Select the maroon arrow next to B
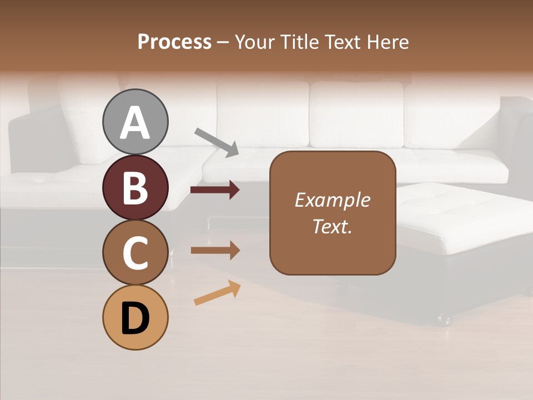tap(215, 190)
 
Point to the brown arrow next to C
tap(215, 251)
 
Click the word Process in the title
tap(174, 42)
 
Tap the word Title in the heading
tap(300, 42)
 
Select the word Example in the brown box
tap(332, 200)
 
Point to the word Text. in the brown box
tap(332, 226)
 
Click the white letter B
tap(135, 188)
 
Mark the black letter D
tap(135, 318)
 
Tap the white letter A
tap(135, 122)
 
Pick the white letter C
tap(135, 253)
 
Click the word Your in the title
tap(256, 42)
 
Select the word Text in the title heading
tap(342, 42)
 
